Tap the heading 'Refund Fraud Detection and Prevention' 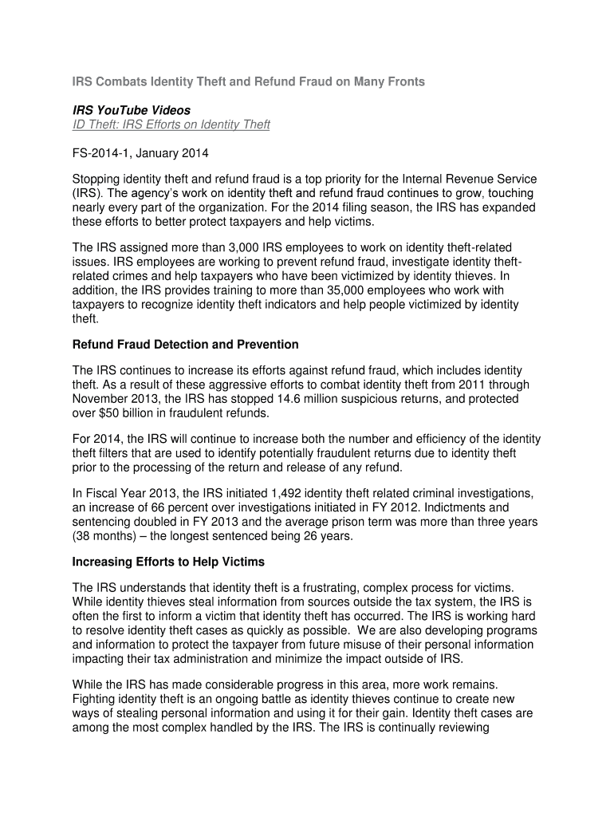coord(186,345)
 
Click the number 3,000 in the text coord(229,248)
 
